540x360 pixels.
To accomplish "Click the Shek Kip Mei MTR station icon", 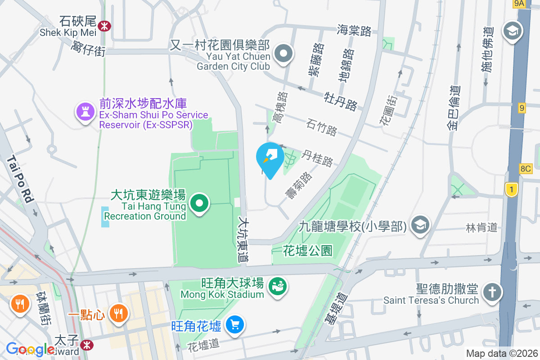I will (x=104, y=26).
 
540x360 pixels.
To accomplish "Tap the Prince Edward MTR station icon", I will (x=88, y=345).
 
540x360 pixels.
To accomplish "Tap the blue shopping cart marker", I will (x=235, y=324).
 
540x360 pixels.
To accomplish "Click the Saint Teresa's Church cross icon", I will (x=492, y=292).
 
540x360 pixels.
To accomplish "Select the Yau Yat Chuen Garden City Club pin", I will (x=284, y=54).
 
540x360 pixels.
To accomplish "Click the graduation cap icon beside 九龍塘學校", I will (x=421, y=225).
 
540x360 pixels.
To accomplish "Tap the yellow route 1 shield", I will (x=511, y=189).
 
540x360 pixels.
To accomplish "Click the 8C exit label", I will (x=525, y=169).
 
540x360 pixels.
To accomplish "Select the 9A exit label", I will (x=519, y=4).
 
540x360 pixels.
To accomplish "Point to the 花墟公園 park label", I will (x=308, y=251).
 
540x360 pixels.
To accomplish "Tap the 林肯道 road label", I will (x=481, y=228).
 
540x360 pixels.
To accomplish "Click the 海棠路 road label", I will (x=354, y=31).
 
